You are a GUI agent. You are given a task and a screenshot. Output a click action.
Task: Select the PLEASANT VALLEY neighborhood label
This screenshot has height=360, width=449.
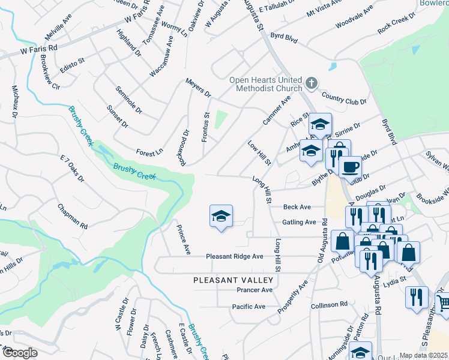click(x=234, y=280)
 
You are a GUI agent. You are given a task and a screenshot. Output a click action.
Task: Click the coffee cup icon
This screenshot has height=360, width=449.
click(x=350, y=166)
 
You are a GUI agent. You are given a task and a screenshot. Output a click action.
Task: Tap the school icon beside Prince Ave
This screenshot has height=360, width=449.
click(x=221, y=217)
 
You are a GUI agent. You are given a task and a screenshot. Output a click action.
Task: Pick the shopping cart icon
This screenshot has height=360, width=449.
click(x=444, y=304)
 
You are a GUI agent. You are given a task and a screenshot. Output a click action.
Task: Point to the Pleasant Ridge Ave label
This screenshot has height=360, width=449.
click(x=235, y=256)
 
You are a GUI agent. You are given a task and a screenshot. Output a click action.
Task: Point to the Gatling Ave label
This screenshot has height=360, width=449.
click(x=299, y=222)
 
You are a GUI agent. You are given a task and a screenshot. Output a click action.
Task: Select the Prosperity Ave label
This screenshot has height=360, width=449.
click(x=293, y=296)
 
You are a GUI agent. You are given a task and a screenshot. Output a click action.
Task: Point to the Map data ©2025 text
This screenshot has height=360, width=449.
click(x=423, y=355)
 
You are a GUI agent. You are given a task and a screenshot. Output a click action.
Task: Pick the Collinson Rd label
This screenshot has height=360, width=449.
click(x=330, y=305)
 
